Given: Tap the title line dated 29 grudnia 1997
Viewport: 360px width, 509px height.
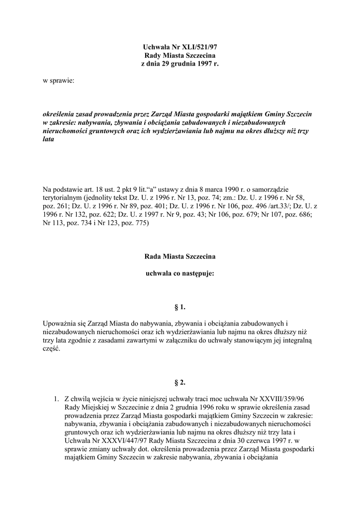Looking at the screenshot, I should click(180, 64).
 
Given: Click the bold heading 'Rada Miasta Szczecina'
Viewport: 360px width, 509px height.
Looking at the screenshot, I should click(180, 256).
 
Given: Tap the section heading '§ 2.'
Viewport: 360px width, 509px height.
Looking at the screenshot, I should click(180, 383).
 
